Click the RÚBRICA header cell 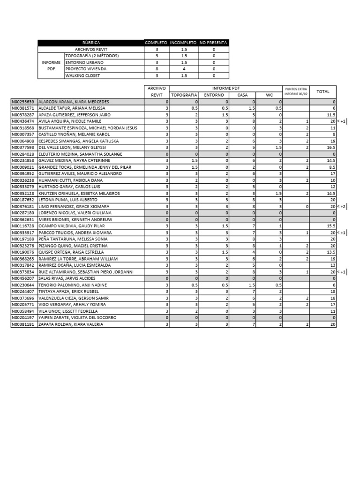(x=91, y=43)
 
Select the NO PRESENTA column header (x=214, y=43)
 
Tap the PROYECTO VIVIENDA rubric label (x=86, y=69)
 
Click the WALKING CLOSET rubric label (x=82, y=75)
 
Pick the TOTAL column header (x=323, y=91)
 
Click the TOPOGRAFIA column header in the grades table (x=184, y=95)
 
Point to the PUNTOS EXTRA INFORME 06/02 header (x=295, y=91)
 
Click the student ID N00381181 (x=23, y=324)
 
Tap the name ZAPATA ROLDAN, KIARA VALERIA (x=71, y=324)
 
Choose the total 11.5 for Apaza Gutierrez (x=331, y=115)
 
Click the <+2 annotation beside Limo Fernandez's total (x=343, y=207)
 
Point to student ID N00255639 (x=23, y=102)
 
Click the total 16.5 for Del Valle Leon (x=331, y=148)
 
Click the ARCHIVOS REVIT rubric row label (x=91, y=49)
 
